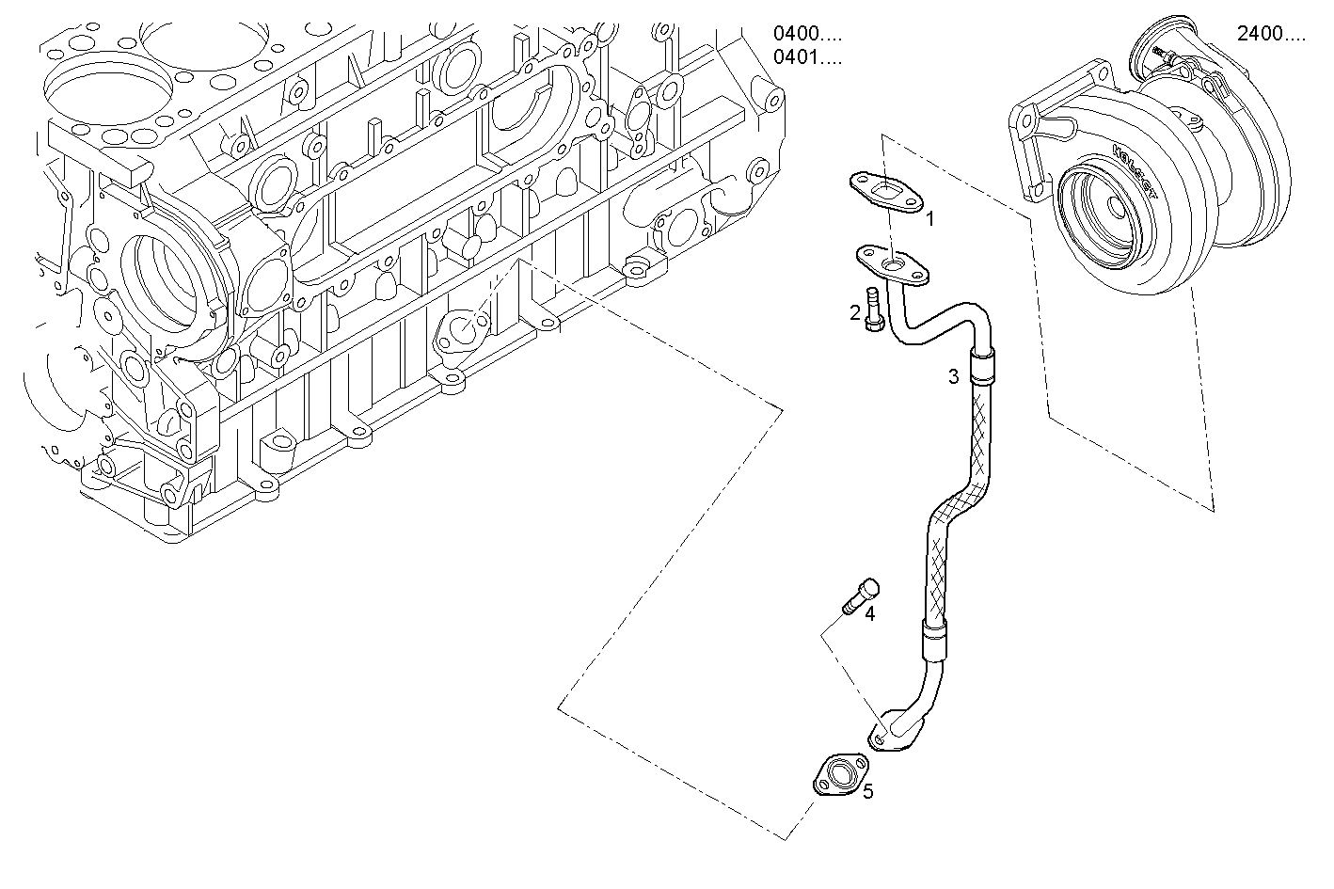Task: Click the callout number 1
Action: click(929, 219)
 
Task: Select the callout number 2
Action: click(855, 312)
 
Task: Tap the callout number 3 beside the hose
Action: click(953, 377)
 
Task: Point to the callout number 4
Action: click(869, 614)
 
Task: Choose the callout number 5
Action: click(867, 791)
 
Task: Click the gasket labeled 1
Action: click(887, 191)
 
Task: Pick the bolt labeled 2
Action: click(874, 309)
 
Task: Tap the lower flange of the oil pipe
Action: click(884, 734)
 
